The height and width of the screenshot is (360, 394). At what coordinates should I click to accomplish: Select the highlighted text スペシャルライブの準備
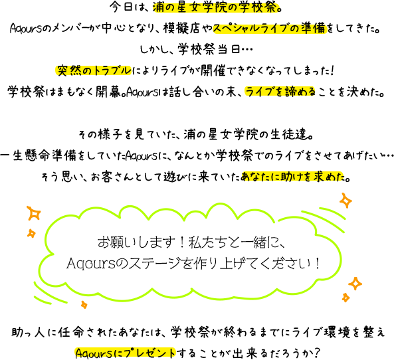click(x=270, y=28)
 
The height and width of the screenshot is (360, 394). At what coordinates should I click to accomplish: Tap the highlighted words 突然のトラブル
click(x=93, y=70)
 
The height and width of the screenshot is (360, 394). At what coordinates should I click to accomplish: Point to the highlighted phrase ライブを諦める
click(x=280, y=92)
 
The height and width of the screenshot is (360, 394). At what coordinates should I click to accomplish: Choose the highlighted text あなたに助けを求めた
click(x=292, y=177)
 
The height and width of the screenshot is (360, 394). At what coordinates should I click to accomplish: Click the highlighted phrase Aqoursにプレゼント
click(x=125, y=353)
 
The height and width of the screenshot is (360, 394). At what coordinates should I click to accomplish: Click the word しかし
click(x=152, y=49)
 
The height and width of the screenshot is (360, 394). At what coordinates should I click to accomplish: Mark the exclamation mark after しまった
click(x=333, y=70)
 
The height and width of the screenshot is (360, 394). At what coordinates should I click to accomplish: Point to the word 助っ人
click(x=28, y=333)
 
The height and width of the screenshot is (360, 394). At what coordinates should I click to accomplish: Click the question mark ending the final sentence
click(x=317, y=353)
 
